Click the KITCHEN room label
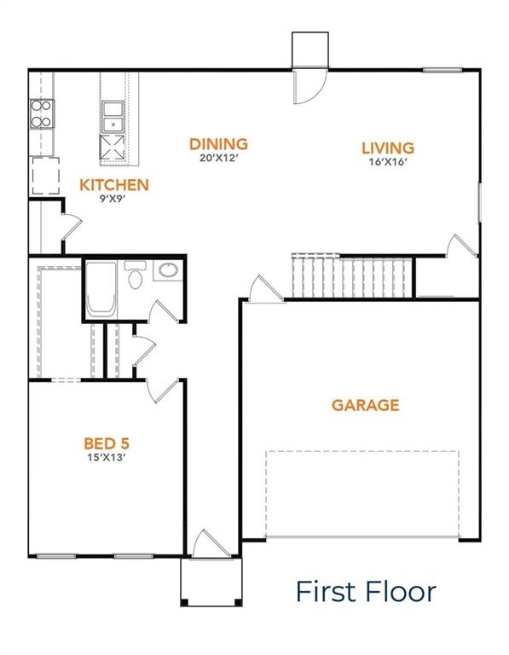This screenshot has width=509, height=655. point(113,185)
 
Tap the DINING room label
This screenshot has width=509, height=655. point(218,144)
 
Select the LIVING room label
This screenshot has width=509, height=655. point(386,148)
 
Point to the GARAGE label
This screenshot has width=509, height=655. point(365,405)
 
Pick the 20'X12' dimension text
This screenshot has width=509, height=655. point(218,159)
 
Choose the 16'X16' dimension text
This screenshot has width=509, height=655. point(386,162)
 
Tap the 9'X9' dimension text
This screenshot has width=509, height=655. point(113,200)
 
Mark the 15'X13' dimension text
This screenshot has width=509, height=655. point(106,457)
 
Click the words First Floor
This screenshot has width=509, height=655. point(366,591)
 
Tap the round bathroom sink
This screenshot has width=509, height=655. point(168,272)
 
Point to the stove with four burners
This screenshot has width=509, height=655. point(41,113)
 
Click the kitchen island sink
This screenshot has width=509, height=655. point(113,111)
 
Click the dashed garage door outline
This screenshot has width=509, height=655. point(362,494)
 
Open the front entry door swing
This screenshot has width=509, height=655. point(207,546)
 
